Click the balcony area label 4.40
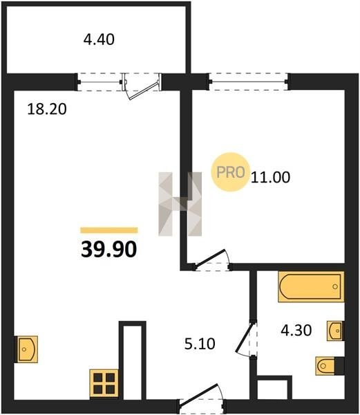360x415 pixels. coord(99,39)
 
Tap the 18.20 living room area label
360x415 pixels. coord(47,109)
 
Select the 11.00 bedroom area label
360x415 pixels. coord(270,177)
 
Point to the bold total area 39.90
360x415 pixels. coord(109,249)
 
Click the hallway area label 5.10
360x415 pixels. coord(200,344)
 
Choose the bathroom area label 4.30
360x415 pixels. coord(296,331)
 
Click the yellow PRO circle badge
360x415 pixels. coord(230,172)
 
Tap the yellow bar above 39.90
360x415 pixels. coord(109,230)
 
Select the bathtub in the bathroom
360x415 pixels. coord(311,286)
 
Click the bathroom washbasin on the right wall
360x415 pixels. coord(335,331)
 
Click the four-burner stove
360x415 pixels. coord(104,383)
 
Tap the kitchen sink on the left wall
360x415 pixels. coord(27,349)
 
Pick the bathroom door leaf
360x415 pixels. coord(244,337)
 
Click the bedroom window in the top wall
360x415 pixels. coord(249,82)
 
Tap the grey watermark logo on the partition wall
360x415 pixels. coord(180,204)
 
